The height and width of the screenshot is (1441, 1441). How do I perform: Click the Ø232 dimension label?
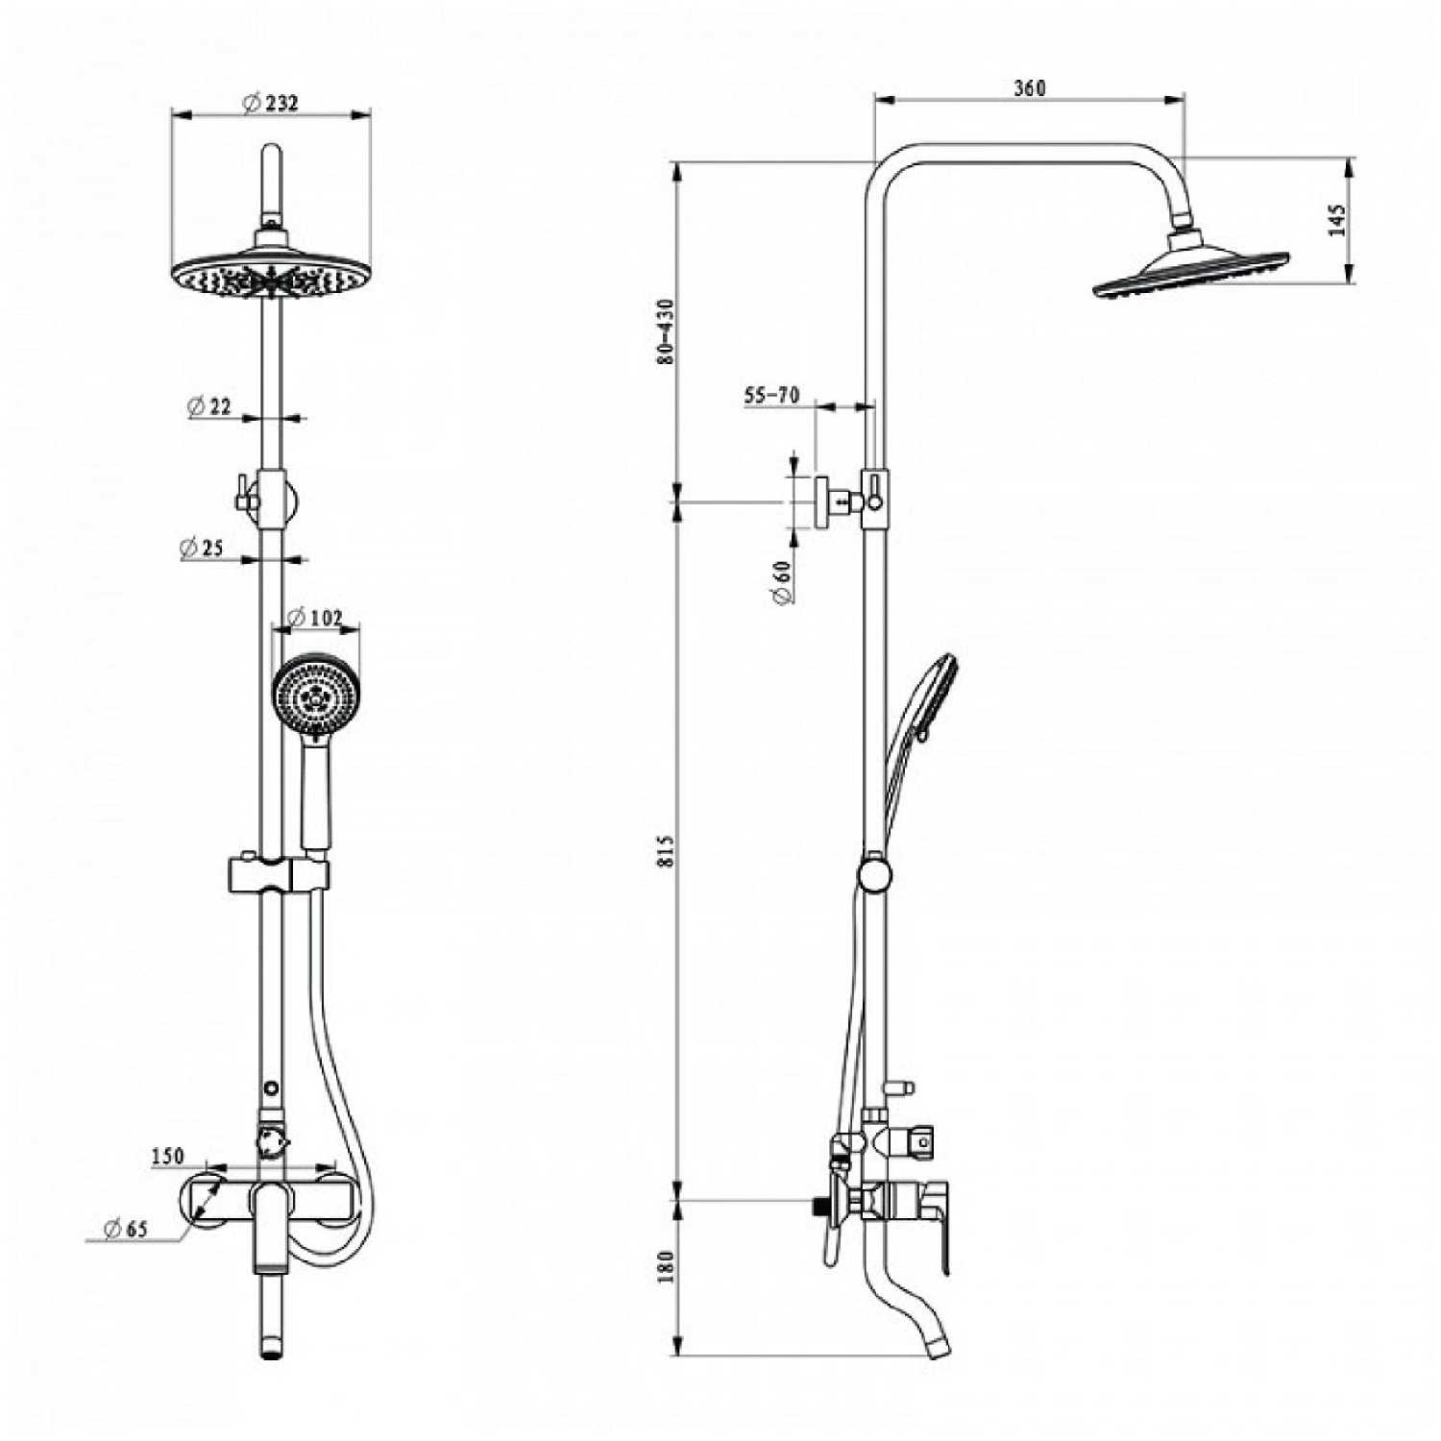270,102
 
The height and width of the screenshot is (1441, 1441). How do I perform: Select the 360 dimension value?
1029,88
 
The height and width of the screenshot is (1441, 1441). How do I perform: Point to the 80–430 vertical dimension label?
666,330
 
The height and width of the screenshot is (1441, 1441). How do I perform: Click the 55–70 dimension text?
771,395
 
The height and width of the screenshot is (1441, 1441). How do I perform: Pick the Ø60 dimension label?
782,582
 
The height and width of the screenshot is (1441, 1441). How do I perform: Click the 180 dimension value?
667,1265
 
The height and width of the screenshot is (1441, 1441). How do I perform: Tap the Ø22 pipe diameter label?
210,406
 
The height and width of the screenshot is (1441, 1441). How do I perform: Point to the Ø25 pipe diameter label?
202,548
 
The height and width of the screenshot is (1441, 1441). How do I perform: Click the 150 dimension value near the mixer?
167,1157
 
